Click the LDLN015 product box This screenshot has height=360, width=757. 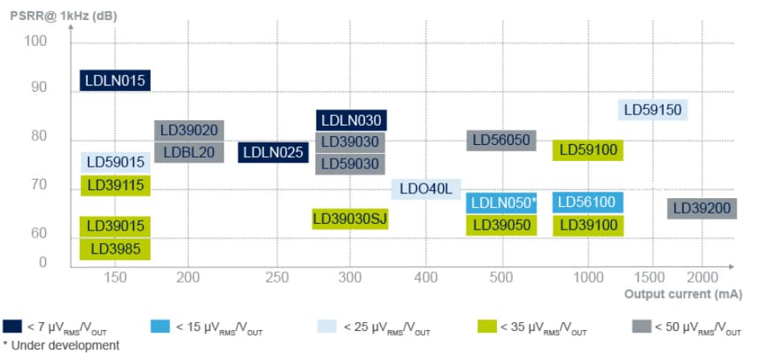115,80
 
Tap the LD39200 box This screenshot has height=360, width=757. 701,209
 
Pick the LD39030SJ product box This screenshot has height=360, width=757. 350,218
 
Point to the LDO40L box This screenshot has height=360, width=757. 426,189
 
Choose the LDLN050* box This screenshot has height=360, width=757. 503,202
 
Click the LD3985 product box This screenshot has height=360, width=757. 115,250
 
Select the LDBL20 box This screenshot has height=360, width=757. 188,151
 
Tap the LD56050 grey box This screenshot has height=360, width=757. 501,140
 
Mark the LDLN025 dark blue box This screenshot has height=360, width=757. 272,151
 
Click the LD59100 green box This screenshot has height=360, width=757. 588,150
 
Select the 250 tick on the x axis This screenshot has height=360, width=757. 277,277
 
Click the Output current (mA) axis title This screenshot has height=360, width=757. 683,294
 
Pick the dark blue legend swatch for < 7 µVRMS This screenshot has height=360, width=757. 12,327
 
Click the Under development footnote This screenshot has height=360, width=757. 60,346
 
